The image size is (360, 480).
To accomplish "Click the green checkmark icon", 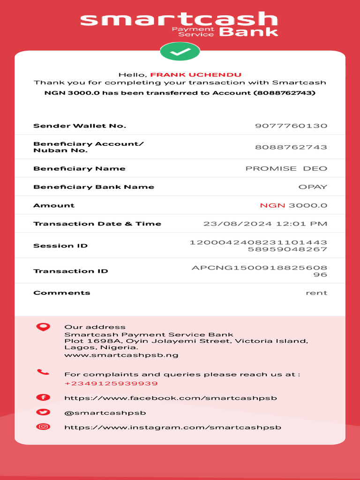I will [180, 52].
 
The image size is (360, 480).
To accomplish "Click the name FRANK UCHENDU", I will [196, 75].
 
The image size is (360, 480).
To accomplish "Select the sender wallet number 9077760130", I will [291, 126].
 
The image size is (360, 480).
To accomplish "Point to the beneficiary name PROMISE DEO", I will [286, 168].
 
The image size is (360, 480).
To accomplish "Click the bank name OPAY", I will [313, 187].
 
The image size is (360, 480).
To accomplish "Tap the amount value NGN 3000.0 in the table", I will [293, 205].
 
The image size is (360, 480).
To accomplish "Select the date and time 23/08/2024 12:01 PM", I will [265, 224].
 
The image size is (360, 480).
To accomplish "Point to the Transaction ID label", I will [71, 271].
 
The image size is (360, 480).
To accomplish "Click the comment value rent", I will [316, 292].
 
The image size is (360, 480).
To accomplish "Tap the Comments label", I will [62, 292].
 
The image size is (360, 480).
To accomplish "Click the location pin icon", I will [43, 327].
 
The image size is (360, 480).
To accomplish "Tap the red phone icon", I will [43, 373].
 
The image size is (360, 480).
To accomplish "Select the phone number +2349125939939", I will [111, 383].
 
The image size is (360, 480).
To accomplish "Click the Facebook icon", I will [43, 397].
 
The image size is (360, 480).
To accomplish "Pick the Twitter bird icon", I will [43, 412].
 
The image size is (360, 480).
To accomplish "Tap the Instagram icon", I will [43, 427].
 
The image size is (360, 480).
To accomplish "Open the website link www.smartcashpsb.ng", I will [121, 355].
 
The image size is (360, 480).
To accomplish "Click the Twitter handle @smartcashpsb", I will [105, 413].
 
